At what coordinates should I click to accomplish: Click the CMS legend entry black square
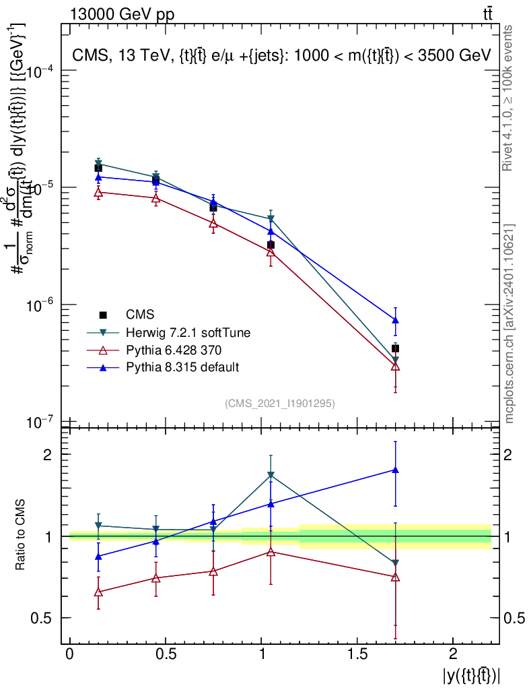[x=103, y=315]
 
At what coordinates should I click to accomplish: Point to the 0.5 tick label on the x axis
[x=165, y=654]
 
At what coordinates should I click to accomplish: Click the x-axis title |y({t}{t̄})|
[x=470, y=675]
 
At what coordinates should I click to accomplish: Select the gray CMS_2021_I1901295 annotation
[x=280, y=404]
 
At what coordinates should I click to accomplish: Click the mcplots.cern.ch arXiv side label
[x=509, y=323]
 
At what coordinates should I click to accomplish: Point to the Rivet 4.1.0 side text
[x=509, y=98]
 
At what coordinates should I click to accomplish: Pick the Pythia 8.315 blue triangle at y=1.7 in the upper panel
[x=395, y=319]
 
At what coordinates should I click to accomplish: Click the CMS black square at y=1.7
[x=395, y=348]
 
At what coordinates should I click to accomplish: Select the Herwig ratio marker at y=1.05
[x=271, y=475]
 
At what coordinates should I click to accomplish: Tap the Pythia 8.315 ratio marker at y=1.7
[x=395, y=470]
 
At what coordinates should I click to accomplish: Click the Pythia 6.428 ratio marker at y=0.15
[x=98, y=592]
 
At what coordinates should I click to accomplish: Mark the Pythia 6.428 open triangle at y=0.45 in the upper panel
[x=155, y=198]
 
